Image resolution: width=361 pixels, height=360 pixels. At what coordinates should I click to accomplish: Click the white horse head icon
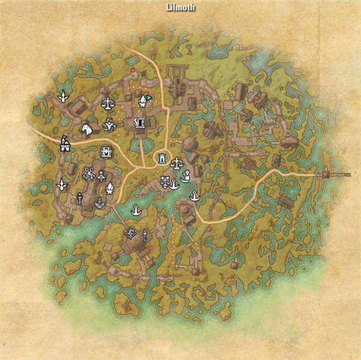[x=88, y=128]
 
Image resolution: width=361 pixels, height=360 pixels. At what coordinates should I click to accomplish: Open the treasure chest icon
[x=106, y=151]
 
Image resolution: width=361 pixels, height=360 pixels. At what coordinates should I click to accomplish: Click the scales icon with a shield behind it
[x=108, y=103]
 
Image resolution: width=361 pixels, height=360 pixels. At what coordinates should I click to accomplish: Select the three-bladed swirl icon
[x=110, y=124]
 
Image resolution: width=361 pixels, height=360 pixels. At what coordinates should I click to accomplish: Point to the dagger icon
[x=145, y=234]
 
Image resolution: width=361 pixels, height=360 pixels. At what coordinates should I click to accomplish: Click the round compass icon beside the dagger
[x=130, y=233]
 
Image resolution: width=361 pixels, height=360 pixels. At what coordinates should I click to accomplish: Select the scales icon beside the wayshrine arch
[x=177, y=162]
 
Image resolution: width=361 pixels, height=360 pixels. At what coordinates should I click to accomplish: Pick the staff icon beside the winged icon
[x=79, y=198]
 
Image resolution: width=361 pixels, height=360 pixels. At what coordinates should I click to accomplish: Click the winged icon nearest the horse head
[x=61, y=96]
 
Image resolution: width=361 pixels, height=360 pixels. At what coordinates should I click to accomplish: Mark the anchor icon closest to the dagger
[x=137, y=210]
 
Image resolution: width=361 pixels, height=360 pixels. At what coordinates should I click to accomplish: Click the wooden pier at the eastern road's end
[x=335, y=174]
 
